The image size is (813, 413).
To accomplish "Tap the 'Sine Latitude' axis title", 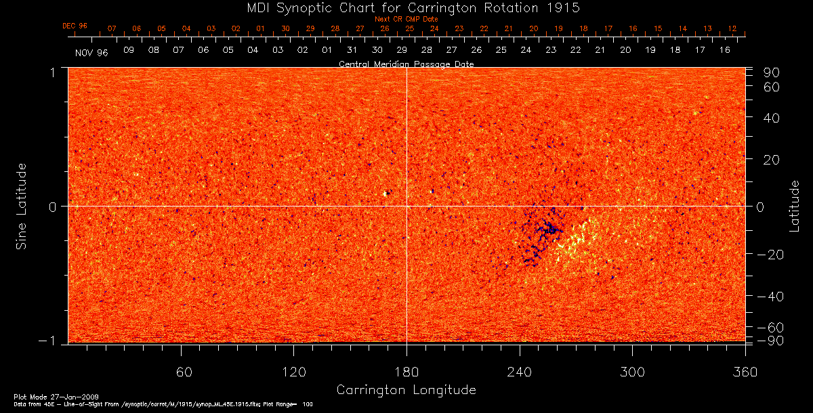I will pyautogui.click(x=22, y=206).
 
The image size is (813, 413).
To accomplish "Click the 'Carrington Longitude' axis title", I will pyautogui.click(x=406, y=390).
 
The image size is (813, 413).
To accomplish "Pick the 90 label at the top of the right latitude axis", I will pyautogui.click(x=773, y=72).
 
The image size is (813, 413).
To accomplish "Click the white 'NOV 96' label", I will pyautogui.click(x=91, y=52).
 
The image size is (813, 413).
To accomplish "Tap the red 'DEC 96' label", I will pyautogui.click(x=75, y=26).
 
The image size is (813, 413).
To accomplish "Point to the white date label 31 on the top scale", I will pyautogui.click(x=352, y=51).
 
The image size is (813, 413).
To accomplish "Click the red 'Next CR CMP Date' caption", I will pyautogui.click(x=406, y=19).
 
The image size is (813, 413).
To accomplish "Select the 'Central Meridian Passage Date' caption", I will pyautogui.click(x=406, y=64).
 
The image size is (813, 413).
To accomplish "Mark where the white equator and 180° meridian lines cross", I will pyautogui.click(x=406, y=206).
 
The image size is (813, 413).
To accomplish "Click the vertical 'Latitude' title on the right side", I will pyautogui.click(x=794, y=206).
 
